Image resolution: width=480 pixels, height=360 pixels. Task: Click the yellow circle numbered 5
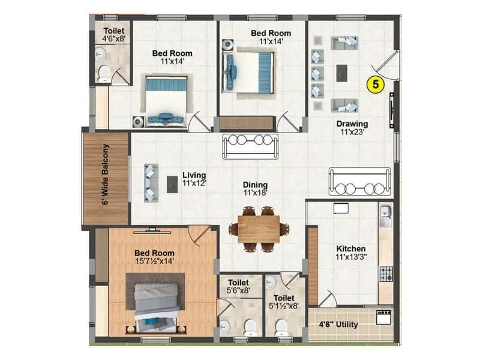[376, 85]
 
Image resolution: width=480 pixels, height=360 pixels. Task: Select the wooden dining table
[258, 229]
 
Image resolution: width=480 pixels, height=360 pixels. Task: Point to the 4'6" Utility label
[338, 325]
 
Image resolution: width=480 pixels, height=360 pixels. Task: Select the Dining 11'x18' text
[255, 189]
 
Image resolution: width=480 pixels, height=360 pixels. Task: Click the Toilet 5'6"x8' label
[238, 286]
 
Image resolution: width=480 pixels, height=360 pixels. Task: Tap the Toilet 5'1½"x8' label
[284, 302]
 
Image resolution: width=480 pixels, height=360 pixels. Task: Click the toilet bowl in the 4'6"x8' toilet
[105, 74]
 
